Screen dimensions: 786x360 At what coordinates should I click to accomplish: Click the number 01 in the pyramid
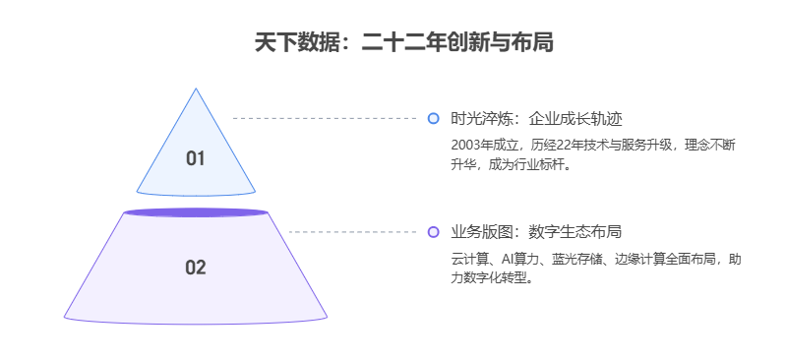pos(196,158)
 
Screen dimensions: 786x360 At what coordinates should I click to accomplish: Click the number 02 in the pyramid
pos(196,267)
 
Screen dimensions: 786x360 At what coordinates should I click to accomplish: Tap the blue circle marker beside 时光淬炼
pos(433,119)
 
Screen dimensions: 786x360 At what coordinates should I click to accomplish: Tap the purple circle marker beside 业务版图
pos(433,232)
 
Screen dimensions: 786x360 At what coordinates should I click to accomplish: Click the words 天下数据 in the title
pos(290,43)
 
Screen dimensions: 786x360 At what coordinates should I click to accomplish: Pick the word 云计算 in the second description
pos(468,259)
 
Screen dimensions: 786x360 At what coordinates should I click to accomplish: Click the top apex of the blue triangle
pos(196,90)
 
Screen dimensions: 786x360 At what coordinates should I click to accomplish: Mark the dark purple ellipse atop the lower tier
pos(196,212)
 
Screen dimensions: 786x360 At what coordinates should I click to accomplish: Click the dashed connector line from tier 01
pos(325,118)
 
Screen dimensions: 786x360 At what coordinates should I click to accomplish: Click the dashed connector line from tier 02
pos(354,232)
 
